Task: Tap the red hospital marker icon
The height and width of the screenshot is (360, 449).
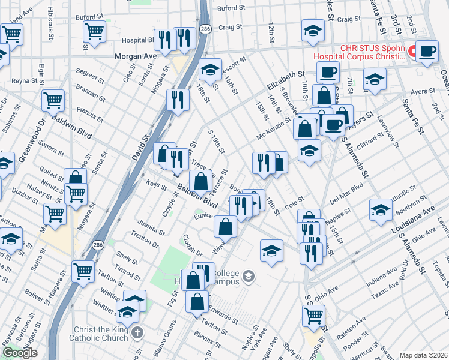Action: [413, 52]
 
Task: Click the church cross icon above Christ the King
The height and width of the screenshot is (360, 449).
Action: [137, 332]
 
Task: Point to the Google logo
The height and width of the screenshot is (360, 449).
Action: [19, 353]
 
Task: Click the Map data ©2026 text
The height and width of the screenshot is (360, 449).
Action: [423, 355]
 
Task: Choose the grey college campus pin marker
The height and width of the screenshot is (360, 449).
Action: [249, 276]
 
